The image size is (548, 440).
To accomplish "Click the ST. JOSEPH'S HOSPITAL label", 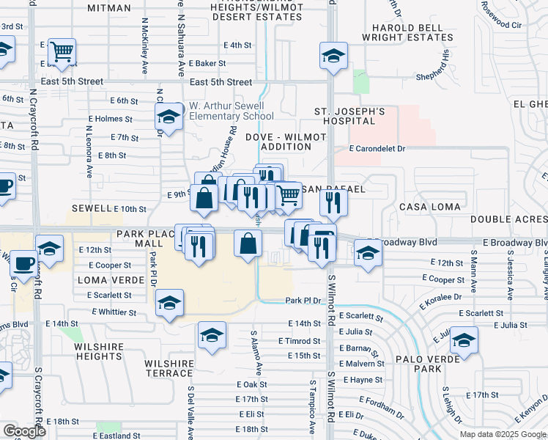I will tap(349, 117).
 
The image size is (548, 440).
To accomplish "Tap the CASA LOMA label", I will tap(429, 208).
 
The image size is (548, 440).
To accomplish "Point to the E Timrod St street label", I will tap(299, 342).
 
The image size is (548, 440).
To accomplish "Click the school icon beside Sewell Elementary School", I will tap(169, 117).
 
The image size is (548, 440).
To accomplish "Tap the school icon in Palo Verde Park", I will tap(464, 340).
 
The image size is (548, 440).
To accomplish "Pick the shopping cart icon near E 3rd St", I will tap(62, 51).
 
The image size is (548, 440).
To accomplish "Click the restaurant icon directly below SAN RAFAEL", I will tap(333, 202).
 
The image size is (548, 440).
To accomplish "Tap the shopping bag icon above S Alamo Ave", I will tap(248, 242).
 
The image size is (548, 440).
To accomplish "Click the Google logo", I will tap(24, 431).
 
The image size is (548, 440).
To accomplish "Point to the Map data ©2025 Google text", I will tap(502, 434).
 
